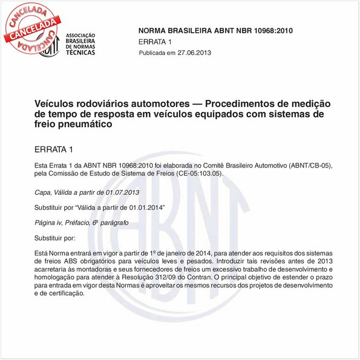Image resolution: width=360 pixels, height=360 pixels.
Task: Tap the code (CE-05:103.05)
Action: click(x=195, y=174)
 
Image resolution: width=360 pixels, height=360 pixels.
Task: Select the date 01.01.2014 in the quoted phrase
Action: click(x=141, y=208)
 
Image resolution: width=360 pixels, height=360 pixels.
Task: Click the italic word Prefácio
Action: click(x=75, y=224)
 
